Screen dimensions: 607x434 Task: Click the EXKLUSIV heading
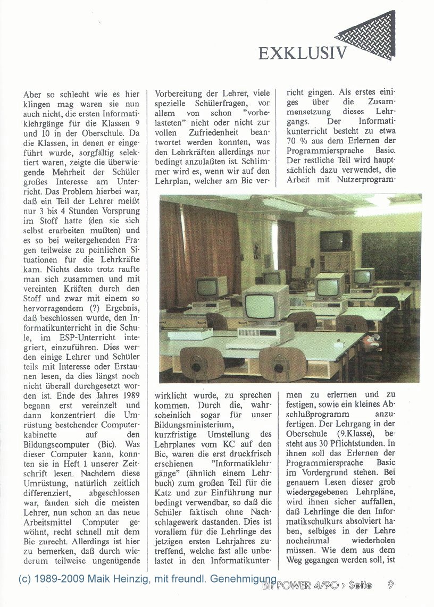(303, 53)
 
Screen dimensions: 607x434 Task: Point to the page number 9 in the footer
(391, 585)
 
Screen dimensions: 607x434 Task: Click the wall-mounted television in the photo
(336, 241)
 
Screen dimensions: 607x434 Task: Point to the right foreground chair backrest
(282, 364)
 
